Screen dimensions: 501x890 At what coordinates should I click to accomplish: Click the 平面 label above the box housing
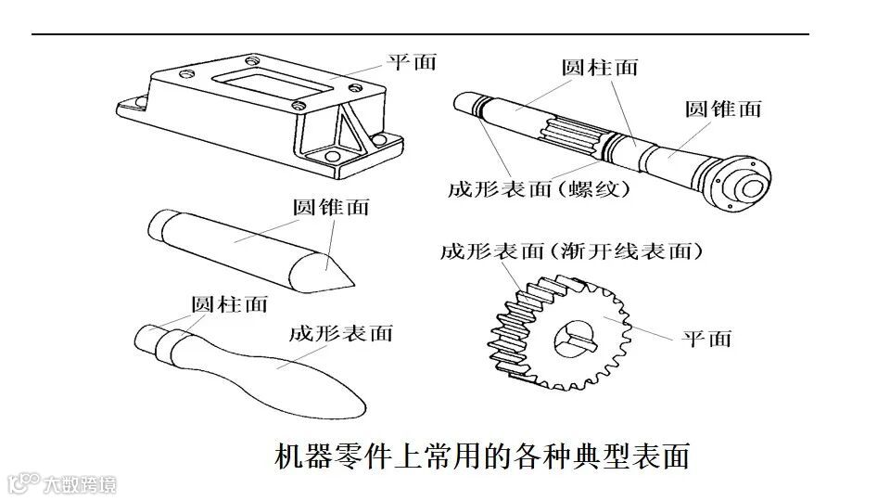[412, 63]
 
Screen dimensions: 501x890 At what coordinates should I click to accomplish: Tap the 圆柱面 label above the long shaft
[600, 67]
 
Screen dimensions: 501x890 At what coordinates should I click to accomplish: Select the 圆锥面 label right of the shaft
[723, 108]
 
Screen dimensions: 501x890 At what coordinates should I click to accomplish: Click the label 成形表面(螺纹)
[539, 189]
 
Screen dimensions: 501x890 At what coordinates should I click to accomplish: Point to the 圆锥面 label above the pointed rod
[330, 205]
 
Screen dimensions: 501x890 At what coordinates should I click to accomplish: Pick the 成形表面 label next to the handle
[341, 333]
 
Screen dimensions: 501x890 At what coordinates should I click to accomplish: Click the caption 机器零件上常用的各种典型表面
[483, 456]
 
